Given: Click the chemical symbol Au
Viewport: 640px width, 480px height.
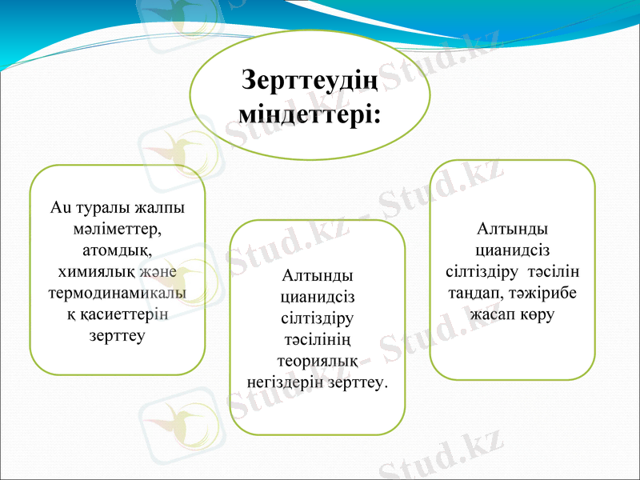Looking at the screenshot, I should (x=59, y=208).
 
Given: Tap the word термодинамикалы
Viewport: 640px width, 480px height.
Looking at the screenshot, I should (x=118, y=293).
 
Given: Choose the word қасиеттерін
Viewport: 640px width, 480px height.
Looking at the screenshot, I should (x=123, y=314).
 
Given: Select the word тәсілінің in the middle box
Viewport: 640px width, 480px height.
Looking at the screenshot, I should (x=319, y=339).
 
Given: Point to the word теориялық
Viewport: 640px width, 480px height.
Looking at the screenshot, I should (x=319, y=361).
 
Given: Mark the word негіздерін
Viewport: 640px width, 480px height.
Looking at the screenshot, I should (x=288, y=382).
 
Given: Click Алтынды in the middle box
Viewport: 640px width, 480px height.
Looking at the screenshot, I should (x=319, y=276).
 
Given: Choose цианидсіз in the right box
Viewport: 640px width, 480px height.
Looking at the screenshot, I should (x=512, y=250).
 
